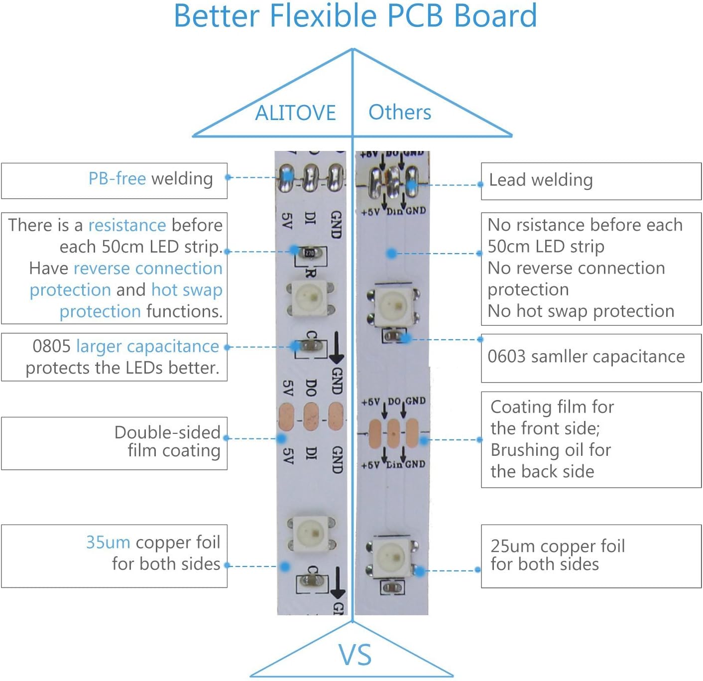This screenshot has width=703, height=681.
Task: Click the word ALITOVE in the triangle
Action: pyautogui.click(x=295, y=113)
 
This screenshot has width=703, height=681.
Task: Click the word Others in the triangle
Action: pyautogui.click(x=400, y=112)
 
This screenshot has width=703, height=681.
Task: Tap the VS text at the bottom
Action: pyautogui.click(x=355, y=655)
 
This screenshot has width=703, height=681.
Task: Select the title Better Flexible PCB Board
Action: pyautogui.click(x=355, y=16)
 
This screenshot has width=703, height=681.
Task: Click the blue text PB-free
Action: pyautogui.click(x=117, y=178)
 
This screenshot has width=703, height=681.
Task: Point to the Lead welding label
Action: pyautogui.click(x=541, y=180)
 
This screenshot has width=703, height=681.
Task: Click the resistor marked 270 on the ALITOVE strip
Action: pyautogui.click(x=310, y=254)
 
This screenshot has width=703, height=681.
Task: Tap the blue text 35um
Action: pyautogui.click(x=108, y=542)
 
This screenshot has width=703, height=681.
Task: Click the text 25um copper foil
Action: pyautogui.click(x=558, y=546)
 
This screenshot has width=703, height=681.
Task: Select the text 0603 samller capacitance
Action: pyautogui.click(x=586, y=357)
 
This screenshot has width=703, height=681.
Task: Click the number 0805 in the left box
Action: pyautogui.click(x=52, y=346)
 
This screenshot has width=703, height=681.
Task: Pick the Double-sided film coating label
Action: pyautogui.click(x=168, y=441)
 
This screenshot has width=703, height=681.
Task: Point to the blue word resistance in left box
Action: pyautogui.click(x=127, y=225)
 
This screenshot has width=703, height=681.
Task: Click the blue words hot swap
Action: pyautogui.click(x=187, y=289)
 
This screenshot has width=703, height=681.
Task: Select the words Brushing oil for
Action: pyautogui.click(x=551, y=450)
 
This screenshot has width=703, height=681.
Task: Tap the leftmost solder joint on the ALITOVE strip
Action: pyautogui.click(x=286, y=177)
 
